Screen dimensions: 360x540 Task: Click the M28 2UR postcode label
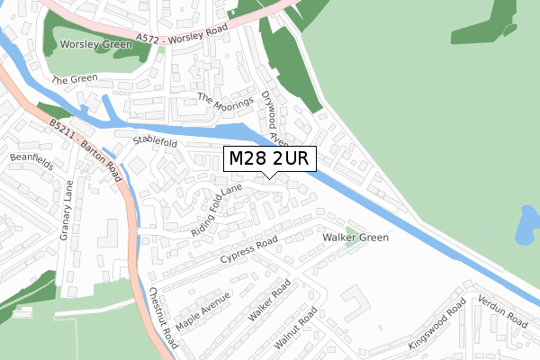point(270,159)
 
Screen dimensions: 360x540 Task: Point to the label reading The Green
point(73,80)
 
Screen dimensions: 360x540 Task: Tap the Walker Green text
point(355,238)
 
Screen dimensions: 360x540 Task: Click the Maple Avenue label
point(203,309)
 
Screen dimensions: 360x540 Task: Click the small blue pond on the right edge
point(526,226)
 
